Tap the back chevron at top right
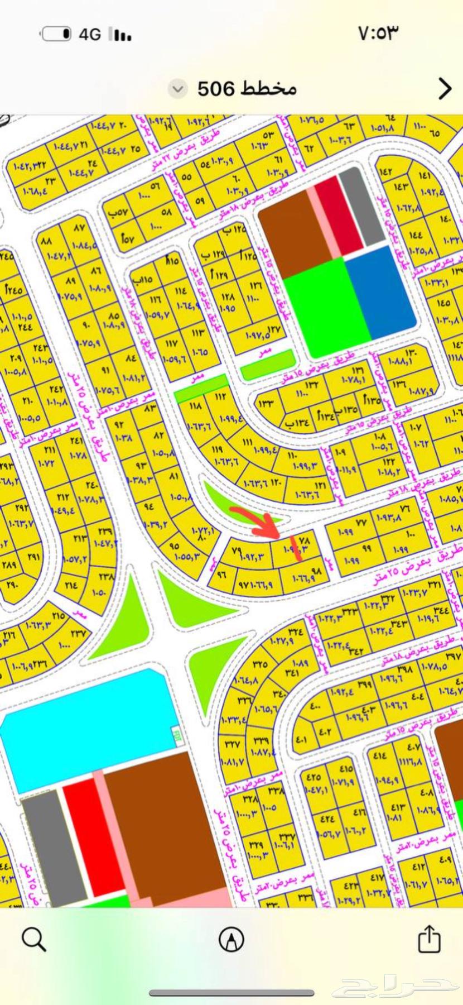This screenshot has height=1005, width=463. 445,88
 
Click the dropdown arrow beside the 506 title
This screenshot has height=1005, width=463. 177,89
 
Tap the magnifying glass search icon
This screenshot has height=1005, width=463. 33,939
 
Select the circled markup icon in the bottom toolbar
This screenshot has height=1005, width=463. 231,939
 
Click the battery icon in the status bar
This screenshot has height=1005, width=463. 56,35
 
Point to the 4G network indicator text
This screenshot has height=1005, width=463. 89,35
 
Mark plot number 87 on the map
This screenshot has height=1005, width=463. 79,228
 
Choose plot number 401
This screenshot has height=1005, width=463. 301,740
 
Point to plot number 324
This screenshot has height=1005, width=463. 295,632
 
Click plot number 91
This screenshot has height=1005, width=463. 105,370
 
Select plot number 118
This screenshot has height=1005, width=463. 195,406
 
